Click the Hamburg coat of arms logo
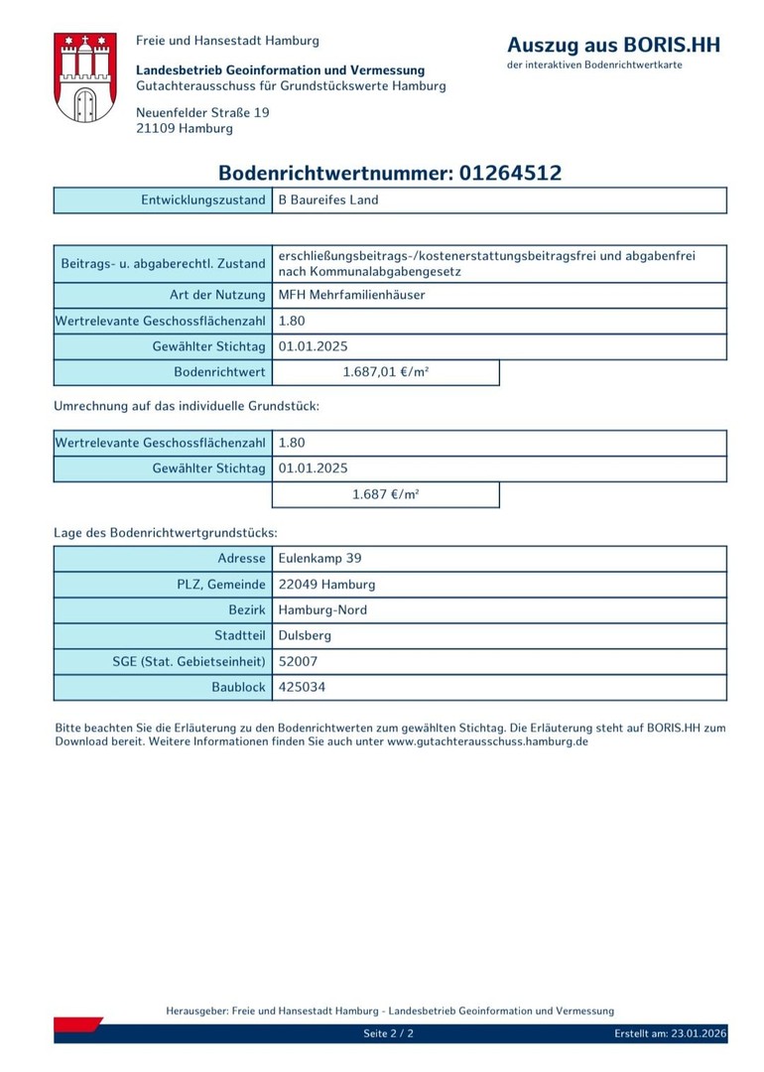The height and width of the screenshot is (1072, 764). (x=85, y=77)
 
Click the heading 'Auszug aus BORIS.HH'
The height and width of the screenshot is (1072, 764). (x=613, y=45)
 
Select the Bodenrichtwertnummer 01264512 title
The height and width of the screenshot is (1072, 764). (x=390, y=173)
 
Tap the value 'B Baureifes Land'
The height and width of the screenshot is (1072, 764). (x=328, y=200)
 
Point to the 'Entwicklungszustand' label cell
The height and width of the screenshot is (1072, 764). (x=203, y=200)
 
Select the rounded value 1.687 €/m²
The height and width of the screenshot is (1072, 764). (x=385, y=494)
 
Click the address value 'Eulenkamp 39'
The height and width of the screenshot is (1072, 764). (x=319, y=559)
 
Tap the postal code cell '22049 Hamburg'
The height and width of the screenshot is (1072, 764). (x=326, y=585)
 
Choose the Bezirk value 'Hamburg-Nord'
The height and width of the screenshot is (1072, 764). (x=322, y=610)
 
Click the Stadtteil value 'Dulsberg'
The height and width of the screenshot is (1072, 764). (x=305, y=635)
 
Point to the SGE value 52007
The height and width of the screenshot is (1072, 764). (x=299, y=661)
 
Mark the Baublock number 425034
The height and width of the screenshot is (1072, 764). (x=302, y=687)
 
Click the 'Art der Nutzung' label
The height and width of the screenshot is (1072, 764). (x=217, y=295)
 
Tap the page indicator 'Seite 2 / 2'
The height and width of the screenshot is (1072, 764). (x=388, y=1033)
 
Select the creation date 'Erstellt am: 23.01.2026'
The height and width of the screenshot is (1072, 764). (x=670, y=1033)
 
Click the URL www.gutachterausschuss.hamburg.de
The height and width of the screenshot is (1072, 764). (x=487, y=741)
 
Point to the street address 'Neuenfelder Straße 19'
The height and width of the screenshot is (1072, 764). (x=202, y=112)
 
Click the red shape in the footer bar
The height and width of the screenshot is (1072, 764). (x=77, y=1024)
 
